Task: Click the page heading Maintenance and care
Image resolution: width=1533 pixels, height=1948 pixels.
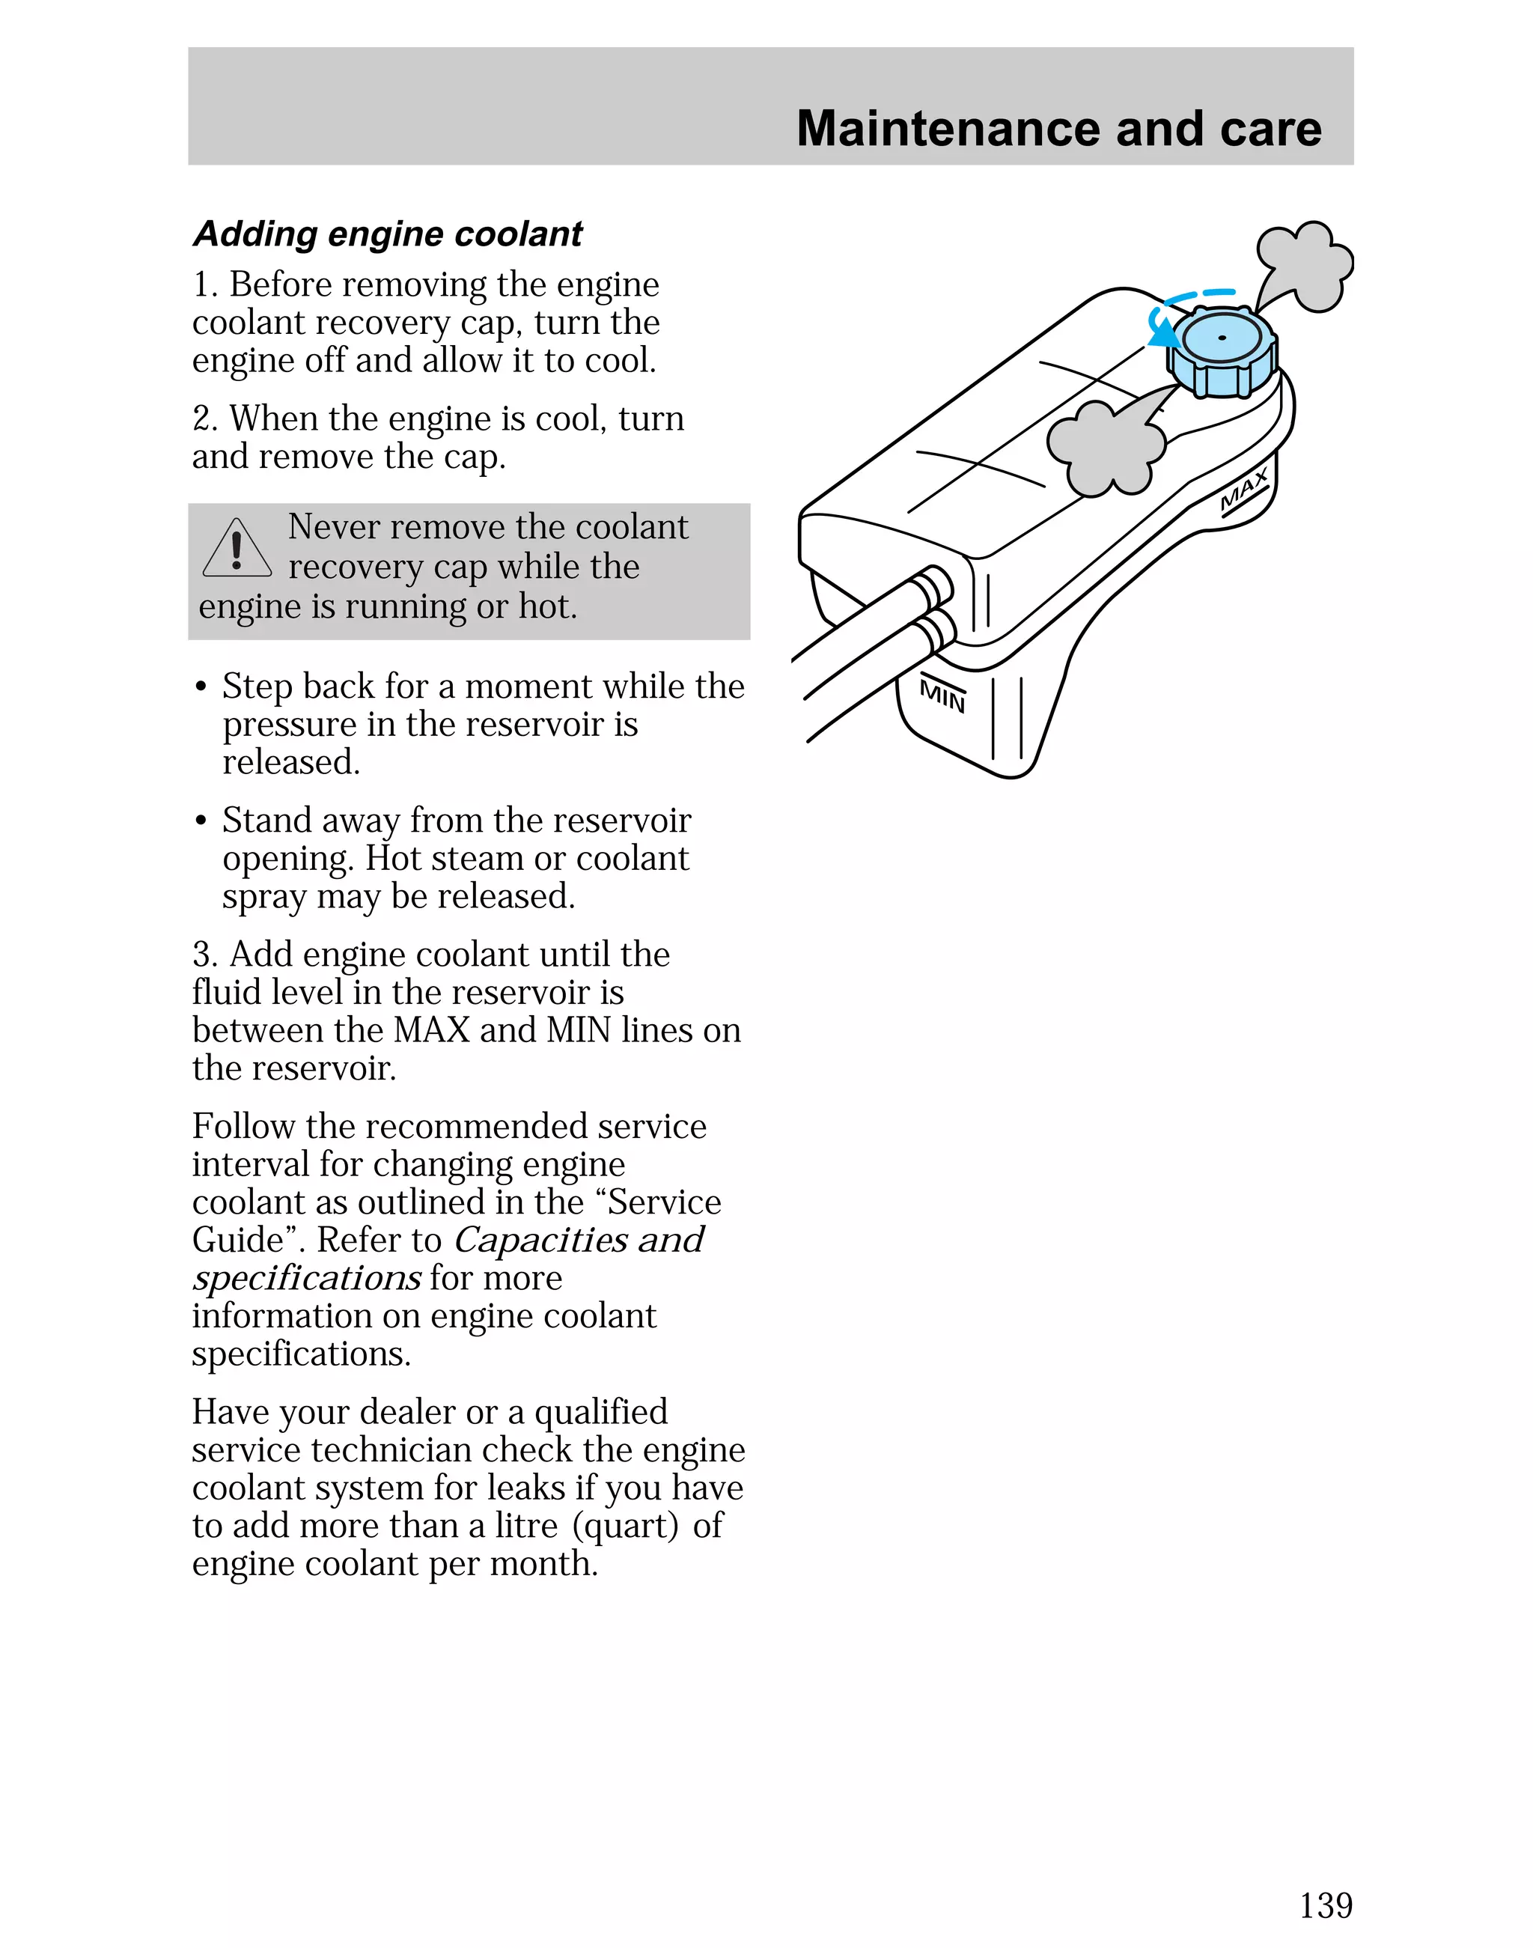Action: pyautogui.click(x=1058, y=128)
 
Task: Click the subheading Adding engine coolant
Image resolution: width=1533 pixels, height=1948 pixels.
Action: pyautogui.click(x=388, y=234)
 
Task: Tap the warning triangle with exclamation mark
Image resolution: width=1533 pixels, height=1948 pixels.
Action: pyautogui.click(x=237, y=550)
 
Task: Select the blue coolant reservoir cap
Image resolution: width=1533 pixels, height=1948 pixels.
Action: pyautogui.click(x=1222, y=352)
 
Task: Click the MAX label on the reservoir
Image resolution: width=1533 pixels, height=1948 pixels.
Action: pyautogui.click(x=1245, y=491)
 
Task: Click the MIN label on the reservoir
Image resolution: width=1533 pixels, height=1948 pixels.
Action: pyautogui.click(x=942, y=696)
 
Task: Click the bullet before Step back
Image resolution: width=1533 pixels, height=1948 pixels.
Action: pyautogui.click(x=201, y=687)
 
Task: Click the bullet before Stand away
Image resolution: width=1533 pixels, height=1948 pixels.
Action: pyautogui.click(x=201, y=821)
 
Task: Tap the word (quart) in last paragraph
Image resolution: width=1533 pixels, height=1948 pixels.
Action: pyautogui.click(x=626, y=1525)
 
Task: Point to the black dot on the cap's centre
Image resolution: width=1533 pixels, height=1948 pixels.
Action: pyautogui.click(x=1222, y=338)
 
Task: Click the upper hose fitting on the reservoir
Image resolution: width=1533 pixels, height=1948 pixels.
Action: pyautogui.click(x=935, y=585)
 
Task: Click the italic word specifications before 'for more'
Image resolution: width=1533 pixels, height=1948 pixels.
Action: pyautogui.click(x=306, y=1278)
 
